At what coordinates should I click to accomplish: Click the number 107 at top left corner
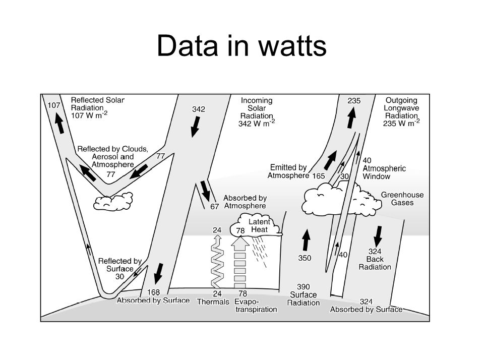pos(54,105)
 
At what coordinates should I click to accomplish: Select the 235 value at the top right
pos(354,101)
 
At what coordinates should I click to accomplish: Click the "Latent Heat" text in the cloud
pos(260,226)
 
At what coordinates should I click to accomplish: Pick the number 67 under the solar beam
pos(215,206)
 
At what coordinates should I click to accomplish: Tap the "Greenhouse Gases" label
pos(402,199)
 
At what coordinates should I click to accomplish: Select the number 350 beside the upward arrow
pos(305,258)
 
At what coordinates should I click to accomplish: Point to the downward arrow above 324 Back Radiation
pos(378,235)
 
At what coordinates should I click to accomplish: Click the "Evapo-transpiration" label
pos(256,306)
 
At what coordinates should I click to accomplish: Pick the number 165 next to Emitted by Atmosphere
pos(318,176)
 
